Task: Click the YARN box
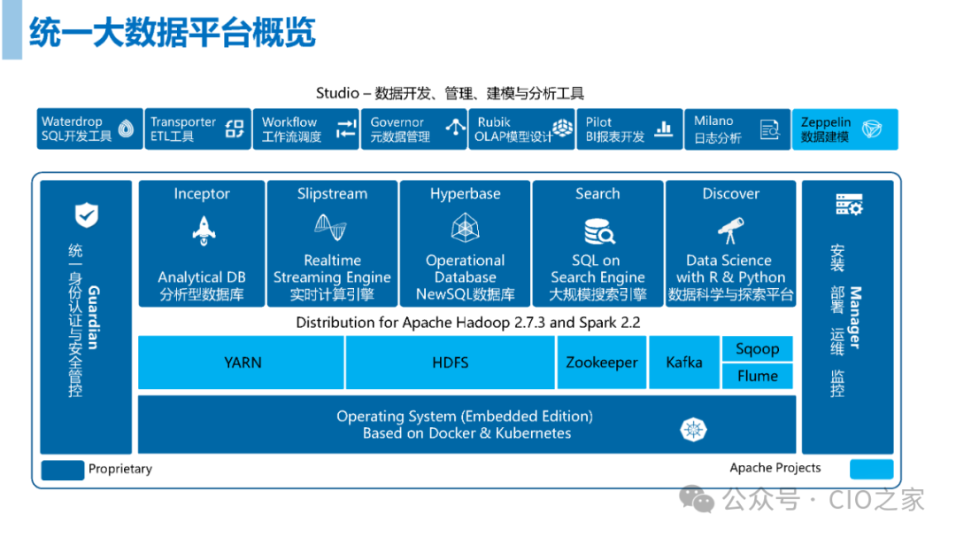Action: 242,363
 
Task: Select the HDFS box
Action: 451,363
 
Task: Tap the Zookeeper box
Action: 602,363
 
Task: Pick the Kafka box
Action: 684,363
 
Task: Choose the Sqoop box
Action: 758,349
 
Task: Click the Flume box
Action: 758,376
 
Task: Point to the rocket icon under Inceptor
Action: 202,230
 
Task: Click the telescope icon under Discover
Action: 730,230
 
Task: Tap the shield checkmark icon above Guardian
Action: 86,214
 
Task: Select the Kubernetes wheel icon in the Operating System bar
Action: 693,430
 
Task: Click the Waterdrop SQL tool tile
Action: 90,129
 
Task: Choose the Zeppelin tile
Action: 844,129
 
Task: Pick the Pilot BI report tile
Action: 629,129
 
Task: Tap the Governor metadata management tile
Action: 413,129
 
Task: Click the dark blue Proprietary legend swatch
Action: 63,469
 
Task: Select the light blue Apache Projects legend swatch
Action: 871,469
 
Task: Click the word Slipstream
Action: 332,194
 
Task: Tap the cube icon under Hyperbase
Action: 466,230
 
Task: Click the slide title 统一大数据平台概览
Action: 173,33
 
